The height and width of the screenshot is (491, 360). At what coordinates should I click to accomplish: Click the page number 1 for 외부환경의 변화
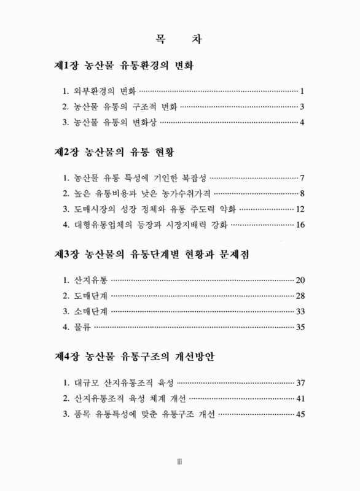[x=303, y=91]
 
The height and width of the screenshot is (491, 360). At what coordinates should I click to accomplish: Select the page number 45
[x=300, y=414]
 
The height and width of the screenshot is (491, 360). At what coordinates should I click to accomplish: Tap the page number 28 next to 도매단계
[x=300, y=296]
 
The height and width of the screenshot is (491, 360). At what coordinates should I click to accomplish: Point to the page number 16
[x=300, y=225]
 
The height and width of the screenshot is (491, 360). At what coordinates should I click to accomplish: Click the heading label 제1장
[x=66, y=64]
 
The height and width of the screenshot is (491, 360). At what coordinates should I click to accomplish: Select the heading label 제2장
[x=66, y=151]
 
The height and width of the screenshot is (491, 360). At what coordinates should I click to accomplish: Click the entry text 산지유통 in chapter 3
[x=91, y=280]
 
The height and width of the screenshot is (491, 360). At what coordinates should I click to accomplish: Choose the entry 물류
[x=84, y=327]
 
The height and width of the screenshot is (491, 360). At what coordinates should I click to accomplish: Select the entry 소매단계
[x=91, y=311]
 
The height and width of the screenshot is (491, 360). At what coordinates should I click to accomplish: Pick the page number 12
[x=300, y=209]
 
